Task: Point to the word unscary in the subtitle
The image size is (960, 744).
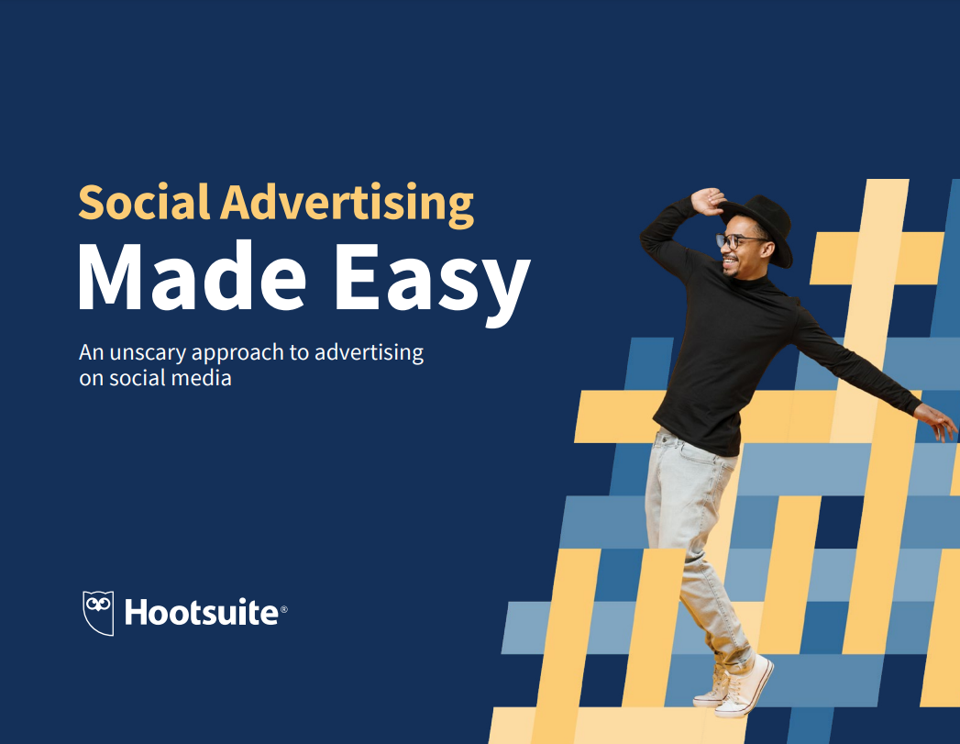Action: pyautogui.click(x=148, y=353)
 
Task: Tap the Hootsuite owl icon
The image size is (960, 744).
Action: pyautogui.click(x=99, y=613)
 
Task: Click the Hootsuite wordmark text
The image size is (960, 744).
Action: pyautogui.click(x=202, y=612)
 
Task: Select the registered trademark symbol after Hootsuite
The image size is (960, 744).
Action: pyautogui.click(x=283, y=610)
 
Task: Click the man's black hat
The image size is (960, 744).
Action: pyautogui.click(x=760, y=228)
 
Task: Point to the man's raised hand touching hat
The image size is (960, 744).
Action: pyautogui.click(x=708, y=202)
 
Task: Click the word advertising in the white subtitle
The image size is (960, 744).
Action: pyautogui.click(x=369, y=353)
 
